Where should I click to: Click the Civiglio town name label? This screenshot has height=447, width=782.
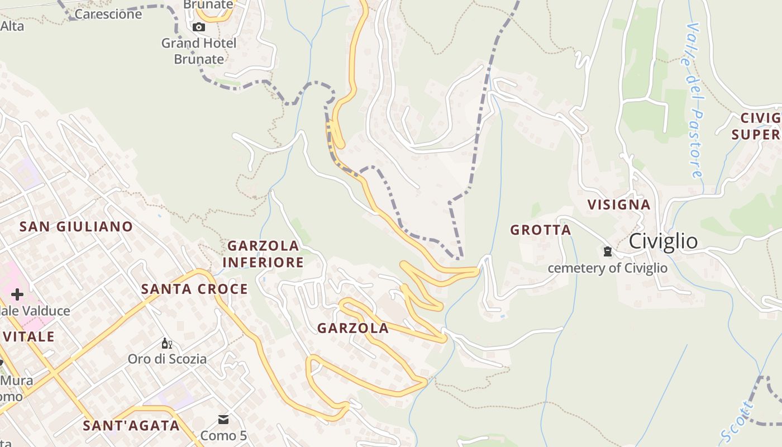click(663, 241)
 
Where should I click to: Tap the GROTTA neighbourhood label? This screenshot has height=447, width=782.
click(540, 230)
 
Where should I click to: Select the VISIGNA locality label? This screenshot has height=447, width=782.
click(618, 205)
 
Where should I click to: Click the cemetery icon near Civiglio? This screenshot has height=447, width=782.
click(607, 251)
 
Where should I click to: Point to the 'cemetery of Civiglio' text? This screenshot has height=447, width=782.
click(607, 268)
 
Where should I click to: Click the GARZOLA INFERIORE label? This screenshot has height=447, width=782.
click(263, 254)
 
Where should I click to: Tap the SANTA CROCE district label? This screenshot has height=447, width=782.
click(194, 289)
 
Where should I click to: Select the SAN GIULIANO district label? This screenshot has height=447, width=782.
click(76, 226)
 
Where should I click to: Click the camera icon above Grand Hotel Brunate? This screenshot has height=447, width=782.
click(198, 27)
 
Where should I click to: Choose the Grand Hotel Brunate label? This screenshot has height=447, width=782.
click(199, 51)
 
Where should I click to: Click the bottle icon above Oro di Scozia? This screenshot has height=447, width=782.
click(166, 343)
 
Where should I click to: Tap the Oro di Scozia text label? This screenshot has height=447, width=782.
click(167, 359)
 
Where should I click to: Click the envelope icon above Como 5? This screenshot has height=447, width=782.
click(223, 420)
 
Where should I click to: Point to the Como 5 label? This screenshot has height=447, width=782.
click(223, 435)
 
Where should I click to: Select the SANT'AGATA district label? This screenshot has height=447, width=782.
click(131, 425)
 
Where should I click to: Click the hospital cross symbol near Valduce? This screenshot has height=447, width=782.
click(17, 294)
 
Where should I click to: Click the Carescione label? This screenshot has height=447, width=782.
click(108, 14)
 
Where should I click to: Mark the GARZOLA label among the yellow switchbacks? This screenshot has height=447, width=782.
click(352, 328)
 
